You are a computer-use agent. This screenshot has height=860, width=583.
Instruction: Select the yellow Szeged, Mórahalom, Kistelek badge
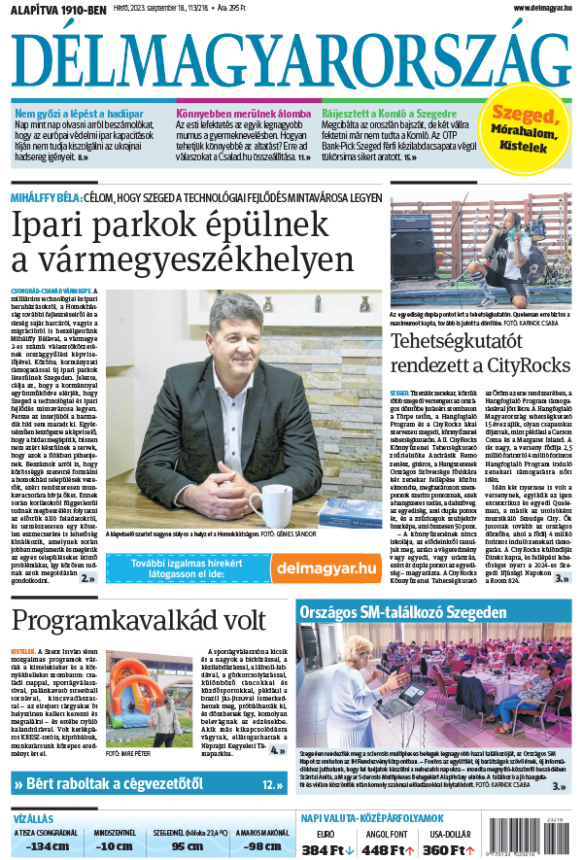click(528, 128)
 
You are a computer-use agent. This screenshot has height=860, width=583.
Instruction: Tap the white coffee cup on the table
click(268, 505)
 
